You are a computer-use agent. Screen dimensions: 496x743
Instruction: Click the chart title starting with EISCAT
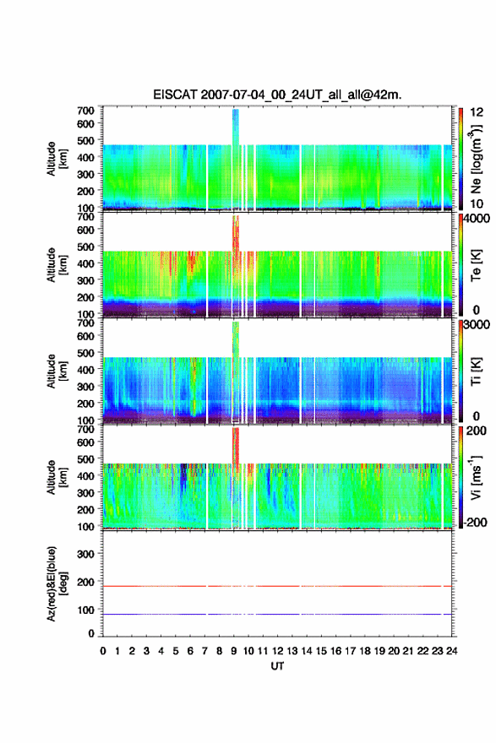(277, 95)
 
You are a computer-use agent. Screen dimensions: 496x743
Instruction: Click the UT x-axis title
(277, 666)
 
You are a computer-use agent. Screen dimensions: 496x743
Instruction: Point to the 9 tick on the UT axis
(234, 651)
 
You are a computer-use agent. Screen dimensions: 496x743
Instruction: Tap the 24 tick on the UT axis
(451, 651)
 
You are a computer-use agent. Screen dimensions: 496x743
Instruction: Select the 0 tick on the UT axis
(103, 651)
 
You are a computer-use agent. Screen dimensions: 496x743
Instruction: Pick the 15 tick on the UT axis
(321, 651)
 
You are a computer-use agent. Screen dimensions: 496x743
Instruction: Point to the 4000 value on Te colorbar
(476, 219)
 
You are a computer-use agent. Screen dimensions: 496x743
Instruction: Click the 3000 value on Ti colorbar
(476, 324)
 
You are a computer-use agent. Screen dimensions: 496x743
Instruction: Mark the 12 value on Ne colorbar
(477, 111)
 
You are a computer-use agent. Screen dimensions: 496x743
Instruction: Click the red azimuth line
(277, 586)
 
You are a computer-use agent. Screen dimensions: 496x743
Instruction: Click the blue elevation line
(277, 614)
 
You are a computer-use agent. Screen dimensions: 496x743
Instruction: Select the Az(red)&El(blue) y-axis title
(57, 583)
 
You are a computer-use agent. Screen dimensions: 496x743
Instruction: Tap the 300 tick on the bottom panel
(86, 554)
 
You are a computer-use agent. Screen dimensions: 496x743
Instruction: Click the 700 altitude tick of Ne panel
(86, 111)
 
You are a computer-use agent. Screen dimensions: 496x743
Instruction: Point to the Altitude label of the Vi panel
(56, 477)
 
